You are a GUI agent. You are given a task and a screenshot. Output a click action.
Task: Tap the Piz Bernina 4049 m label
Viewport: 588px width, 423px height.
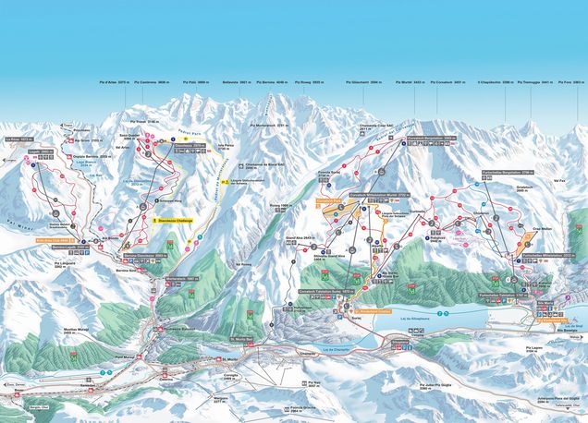click(270, 82)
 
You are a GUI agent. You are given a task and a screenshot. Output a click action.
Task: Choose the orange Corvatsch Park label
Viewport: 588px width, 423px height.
click(330, 199)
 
